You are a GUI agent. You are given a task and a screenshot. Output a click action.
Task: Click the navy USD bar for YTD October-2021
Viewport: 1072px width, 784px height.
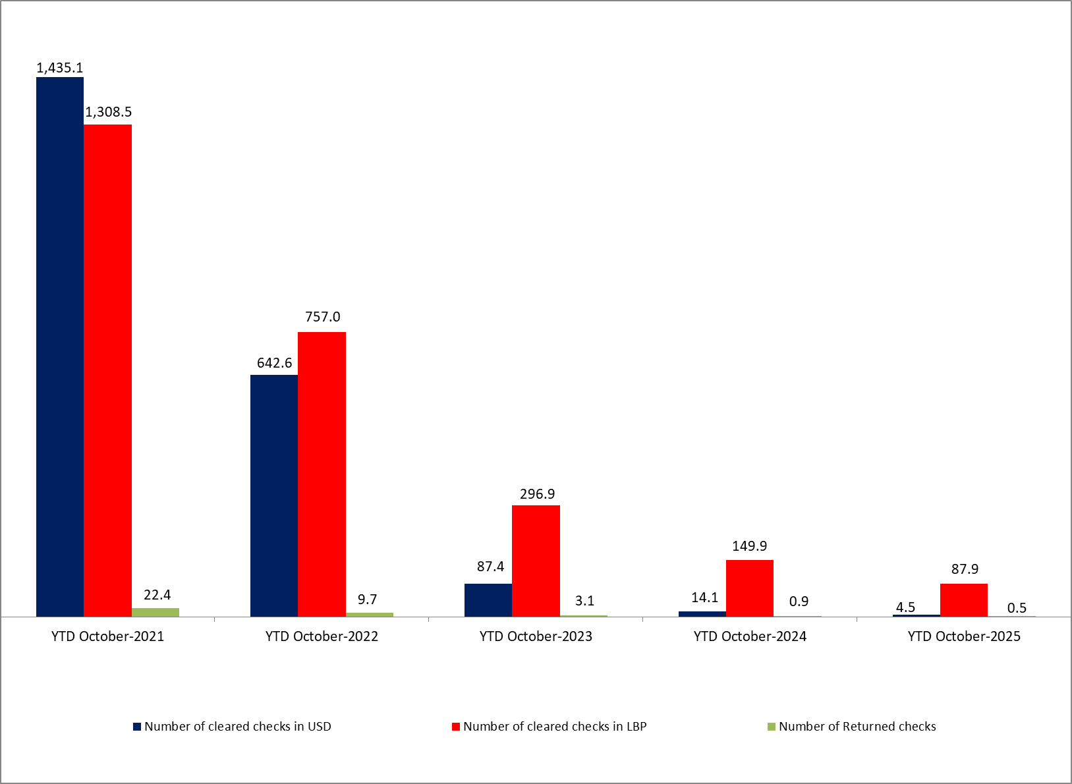pos(60,347)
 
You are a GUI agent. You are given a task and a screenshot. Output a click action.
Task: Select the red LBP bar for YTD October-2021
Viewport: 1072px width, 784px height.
pos(107,370)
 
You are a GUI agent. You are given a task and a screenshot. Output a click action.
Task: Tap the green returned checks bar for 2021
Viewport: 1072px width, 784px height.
pos(155,612)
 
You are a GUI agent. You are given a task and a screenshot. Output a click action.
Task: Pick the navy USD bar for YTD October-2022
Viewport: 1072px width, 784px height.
pos(274,495)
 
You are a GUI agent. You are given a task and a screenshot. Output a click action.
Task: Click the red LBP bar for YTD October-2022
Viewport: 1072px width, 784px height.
pos(322,474)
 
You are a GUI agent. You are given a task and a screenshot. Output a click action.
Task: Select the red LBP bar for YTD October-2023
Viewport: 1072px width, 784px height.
pos(536,561)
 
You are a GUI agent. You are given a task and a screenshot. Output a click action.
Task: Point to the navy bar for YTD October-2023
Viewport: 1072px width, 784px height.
pos(488,600)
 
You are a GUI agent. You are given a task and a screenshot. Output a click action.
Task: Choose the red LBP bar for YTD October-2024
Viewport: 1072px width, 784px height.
pos(750,588)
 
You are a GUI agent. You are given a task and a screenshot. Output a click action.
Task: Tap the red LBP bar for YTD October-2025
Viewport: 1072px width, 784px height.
pos(964,600)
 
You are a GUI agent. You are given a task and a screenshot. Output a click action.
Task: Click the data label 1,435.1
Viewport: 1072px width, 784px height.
pos(59,68)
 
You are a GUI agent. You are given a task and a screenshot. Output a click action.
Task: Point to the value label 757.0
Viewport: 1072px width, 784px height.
pos(323,317)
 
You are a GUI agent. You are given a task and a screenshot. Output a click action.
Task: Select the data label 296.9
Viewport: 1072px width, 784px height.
pos(537,494)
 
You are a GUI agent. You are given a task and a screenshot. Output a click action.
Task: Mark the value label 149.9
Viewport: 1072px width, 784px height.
pos(750,546)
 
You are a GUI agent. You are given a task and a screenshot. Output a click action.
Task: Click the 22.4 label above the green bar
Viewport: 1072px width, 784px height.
pos(157,595)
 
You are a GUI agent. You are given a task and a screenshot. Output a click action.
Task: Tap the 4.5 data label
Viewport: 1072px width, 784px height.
pos(905,607)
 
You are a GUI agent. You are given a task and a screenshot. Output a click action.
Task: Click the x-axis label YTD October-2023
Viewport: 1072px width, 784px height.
pos(536,636)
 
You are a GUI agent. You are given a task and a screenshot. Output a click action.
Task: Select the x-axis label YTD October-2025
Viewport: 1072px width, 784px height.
pos(964,636)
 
